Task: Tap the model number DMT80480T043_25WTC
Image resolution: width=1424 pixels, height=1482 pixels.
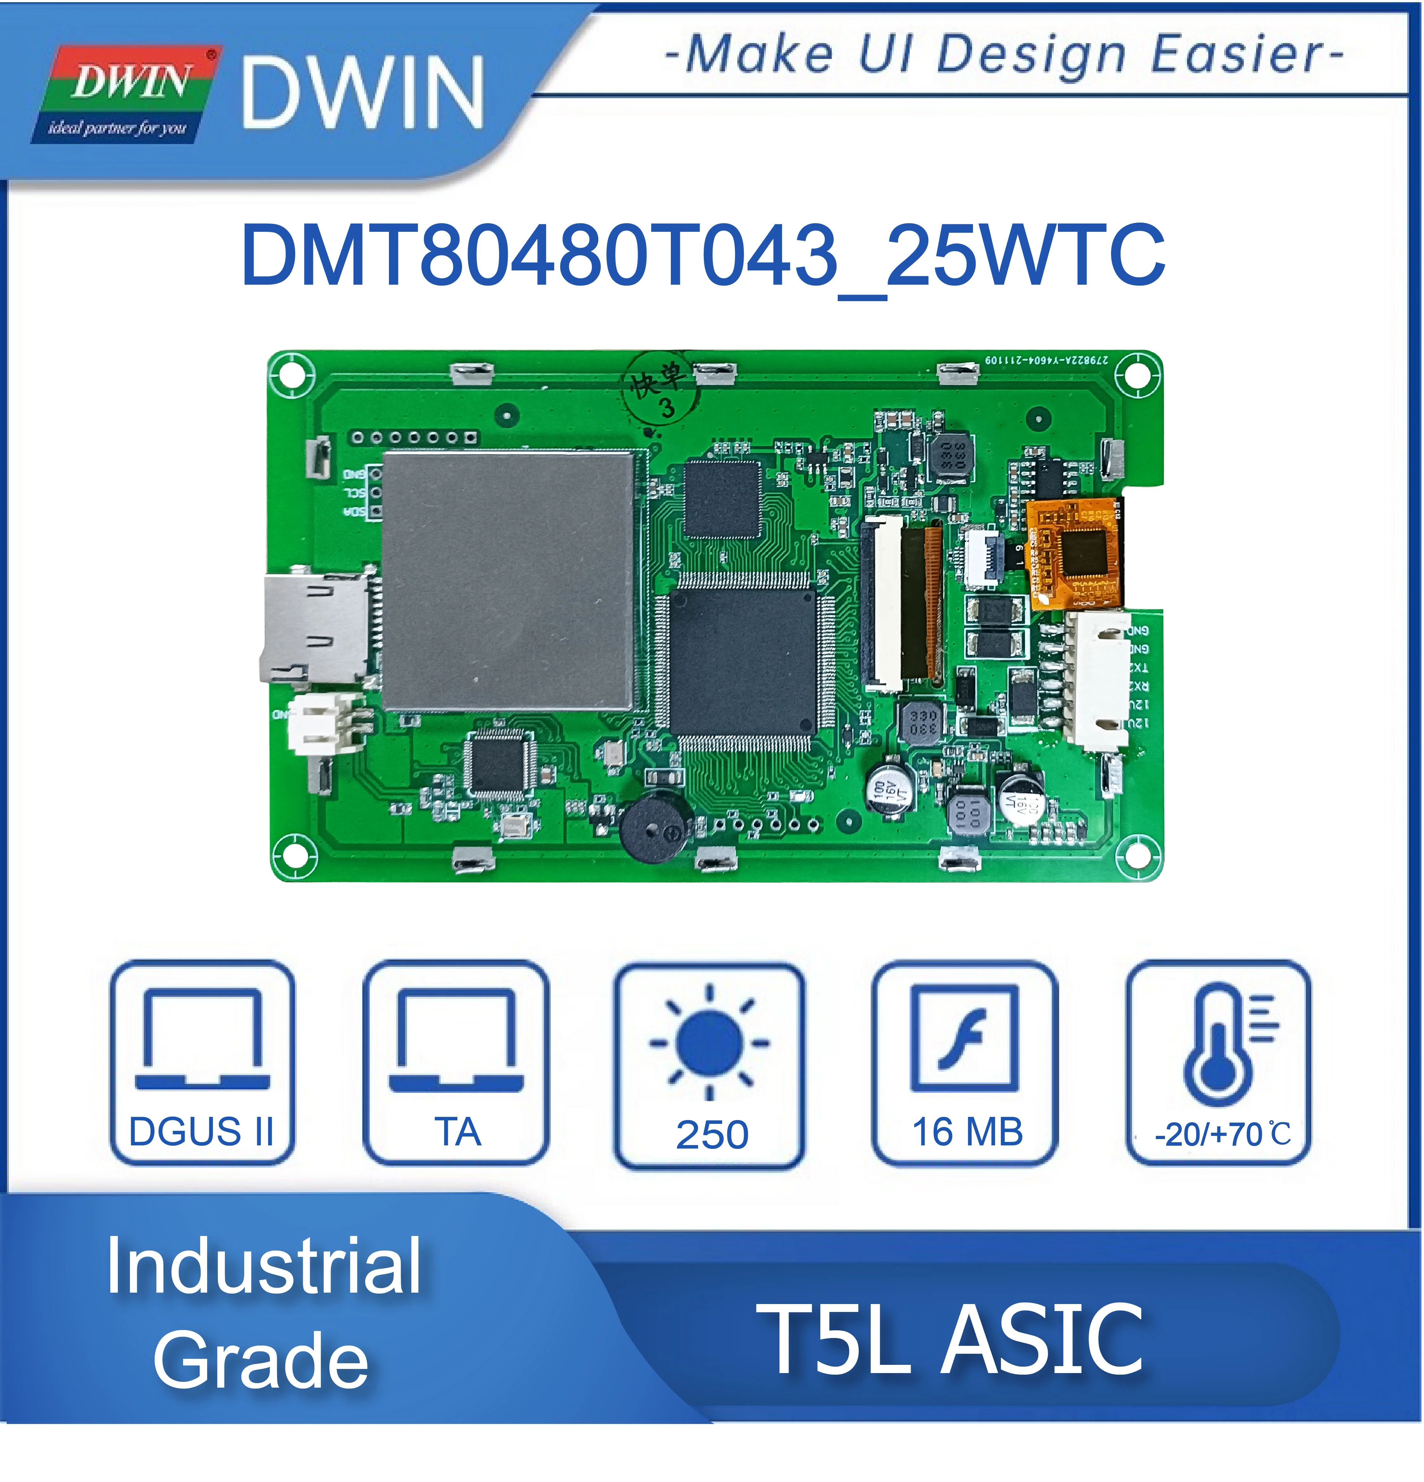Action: (703, 256)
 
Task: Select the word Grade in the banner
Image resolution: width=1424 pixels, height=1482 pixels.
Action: (261, 1361)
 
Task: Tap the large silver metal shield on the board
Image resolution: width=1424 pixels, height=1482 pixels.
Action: (507, 581)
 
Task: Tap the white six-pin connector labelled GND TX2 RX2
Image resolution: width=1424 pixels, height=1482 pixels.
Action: (1097, 677)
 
